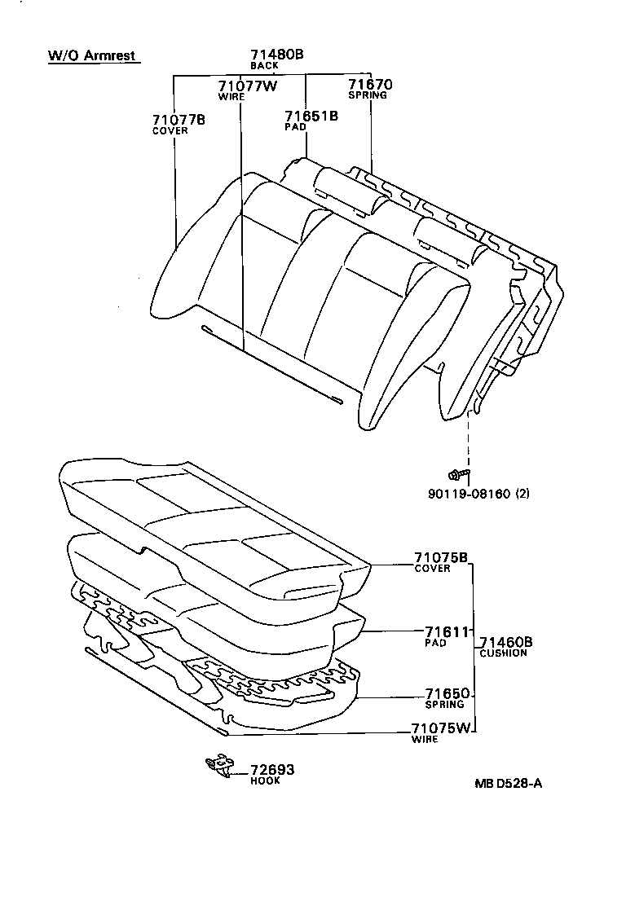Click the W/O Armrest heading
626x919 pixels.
point(90,56)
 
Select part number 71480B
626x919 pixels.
point(276,55)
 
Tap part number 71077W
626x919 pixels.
point(248,86)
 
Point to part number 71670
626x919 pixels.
point(370,84)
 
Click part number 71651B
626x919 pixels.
point(311,116)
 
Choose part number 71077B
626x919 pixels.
point(178,120)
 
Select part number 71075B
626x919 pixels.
point(440,558)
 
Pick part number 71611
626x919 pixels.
point(447,632)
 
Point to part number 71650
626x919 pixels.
point(447,694)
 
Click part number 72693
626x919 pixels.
point(271,770)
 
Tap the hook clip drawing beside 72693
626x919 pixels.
point(218,764)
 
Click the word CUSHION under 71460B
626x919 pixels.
point(503,653)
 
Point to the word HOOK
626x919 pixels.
point(265,780)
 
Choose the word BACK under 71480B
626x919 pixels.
point(264,65)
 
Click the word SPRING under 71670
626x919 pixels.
point(368,95)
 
